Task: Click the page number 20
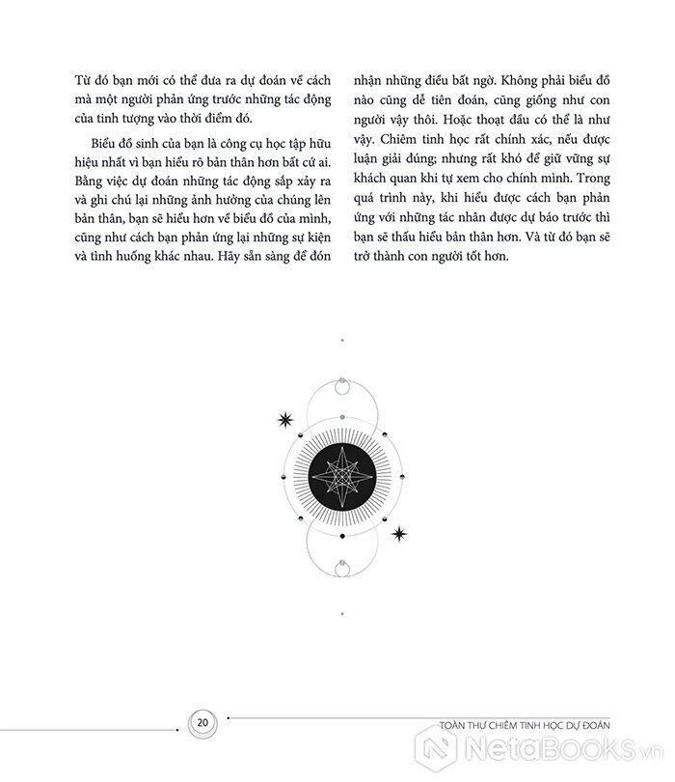click(202, 721)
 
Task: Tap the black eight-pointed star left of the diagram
click(284, 419)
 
